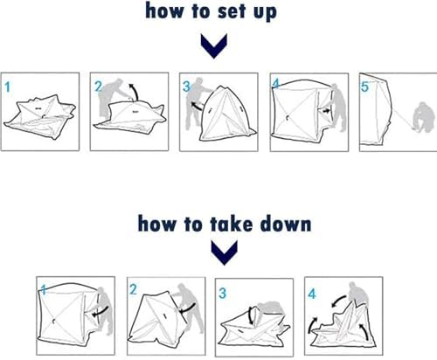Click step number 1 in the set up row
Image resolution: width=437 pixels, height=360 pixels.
click(8, 87)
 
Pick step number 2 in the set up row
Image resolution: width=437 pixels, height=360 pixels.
click(99, 87)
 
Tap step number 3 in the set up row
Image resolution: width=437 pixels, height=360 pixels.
click(186, 87)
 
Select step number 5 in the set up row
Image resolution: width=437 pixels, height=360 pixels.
click(364, 87)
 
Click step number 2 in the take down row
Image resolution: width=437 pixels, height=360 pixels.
click(133, 289)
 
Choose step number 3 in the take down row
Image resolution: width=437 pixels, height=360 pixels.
click(222, 293)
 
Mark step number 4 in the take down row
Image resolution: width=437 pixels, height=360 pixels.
click(312, 294)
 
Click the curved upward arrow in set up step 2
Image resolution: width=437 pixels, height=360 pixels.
click(135, 91)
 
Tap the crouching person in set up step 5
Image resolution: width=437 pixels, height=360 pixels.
click(423, 117)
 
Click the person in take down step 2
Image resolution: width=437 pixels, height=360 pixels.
click(190, 308)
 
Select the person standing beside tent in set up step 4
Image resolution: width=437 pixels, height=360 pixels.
click(339, 107)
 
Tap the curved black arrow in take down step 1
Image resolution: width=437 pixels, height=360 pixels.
click(101, 311)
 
